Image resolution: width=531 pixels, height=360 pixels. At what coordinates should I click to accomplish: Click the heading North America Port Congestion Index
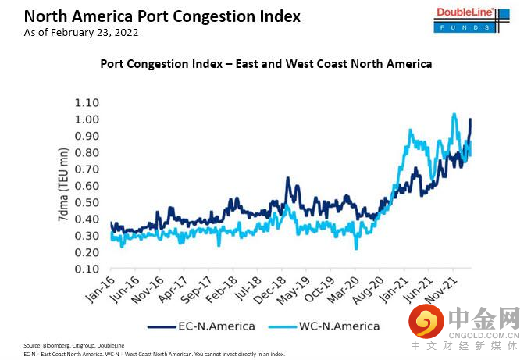(x=151, y=16)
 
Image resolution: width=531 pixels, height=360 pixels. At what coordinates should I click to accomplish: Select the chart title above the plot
(x=266, y=63)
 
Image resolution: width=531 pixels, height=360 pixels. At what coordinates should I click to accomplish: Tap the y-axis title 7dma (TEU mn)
(x=62, y=186)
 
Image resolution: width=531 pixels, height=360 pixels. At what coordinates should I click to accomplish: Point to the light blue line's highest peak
(x=454, y=114)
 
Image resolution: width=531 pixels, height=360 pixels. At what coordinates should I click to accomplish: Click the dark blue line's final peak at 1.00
(x=470, y=119)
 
